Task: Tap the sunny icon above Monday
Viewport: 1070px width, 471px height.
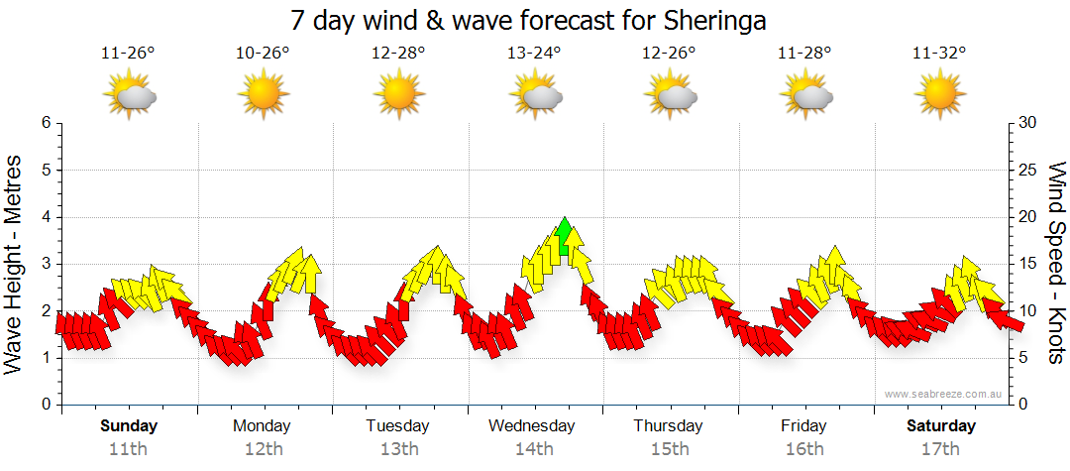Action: pyautogui.click(x=263, y=95)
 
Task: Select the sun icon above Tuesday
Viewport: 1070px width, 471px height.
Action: pyautogui.click(x=398, y=95)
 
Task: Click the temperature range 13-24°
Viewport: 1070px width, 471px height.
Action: pyautogui.click(x=534, y=54)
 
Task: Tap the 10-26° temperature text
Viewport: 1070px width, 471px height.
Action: pyautogui.click(x=263, y=54)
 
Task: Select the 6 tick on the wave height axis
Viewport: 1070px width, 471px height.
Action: pyautogui.click(x=46, y=123)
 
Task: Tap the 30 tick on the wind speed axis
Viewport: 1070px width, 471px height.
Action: pyautogui.click(x=1027, y=123)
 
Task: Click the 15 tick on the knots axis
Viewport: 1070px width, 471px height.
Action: pyautogui.click(x=1026, y=264)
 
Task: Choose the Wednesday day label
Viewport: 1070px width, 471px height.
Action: pyautogui.click(x=532, y=426)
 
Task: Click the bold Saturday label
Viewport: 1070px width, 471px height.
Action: pyautogui.click(x=941, y=426)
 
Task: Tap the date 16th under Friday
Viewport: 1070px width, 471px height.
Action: pyautogui.click(x=804, y=449)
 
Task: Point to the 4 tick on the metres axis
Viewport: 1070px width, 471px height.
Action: pyautogui.click(x=46, y=217)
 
